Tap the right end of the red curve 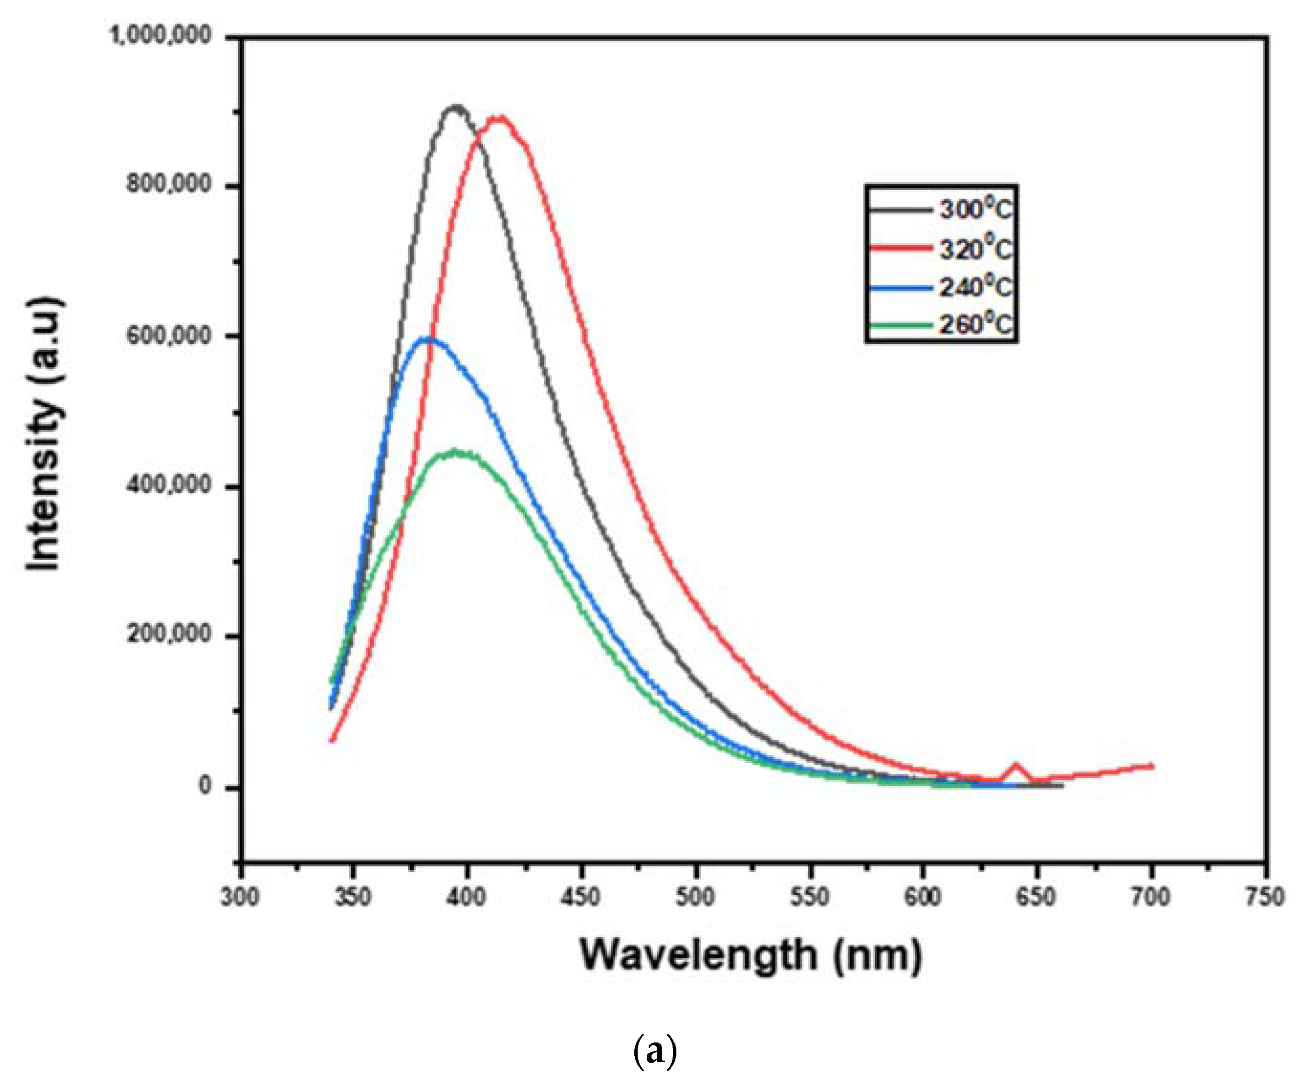(1152, 766)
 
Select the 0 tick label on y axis (206, 786)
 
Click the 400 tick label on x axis (467, 897)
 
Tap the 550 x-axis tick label (809, 897)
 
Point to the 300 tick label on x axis (239, 897)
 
